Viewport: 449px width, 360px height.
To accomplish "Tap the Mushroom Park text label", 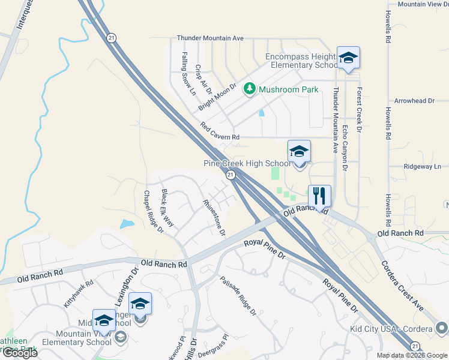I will click(x=288, y=90).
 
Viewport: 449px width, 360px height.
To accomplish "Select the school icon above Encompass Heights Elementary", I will click(x=348, y=59).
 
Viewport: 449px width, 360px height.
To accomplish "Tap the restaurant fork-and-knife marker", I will click(x=319, y=196).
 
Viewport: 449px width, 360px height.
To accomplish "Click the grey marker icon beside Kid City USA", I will click(x=442, y=329).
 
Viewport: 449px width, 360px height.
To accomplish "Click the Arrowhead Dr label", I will click(x=414, y=101).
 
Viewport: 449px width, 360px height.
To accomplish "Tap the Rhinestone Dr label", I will click(x=214, y=217).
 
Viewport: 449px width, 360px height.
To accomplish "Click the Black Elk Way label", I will click(x=167, y=208).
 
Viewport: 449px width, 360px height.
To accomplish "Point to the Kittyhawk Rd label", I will click(x=79, y=294).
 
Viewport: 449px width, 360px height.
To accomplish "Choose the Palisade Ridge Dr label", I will click(x=238, y=296).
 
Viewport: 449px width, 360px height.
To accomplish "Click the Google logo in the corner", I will click(x=20, y=353).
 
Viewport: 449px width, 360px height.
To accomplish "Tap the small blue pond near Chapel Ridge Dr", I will click(x=127, y=224).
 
